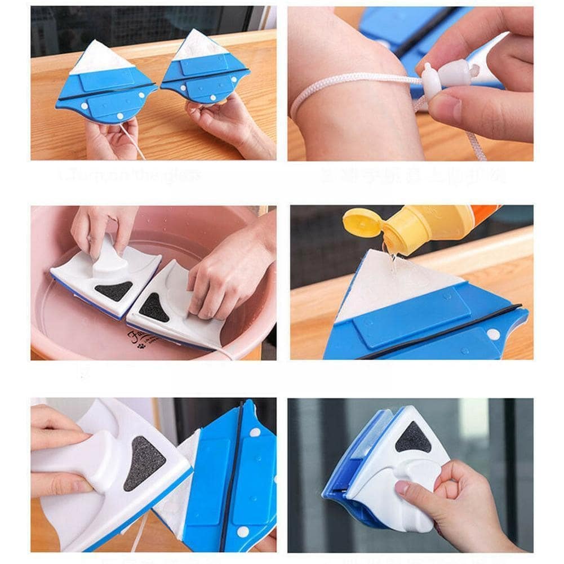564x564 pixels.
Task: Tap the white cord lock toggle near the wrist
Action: click(x=432, y=82)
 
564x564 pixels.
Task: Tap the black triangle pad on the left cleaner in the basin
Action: click(x=113, y=291)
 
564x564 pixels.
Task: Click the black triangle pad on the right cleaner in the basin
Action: click(x=153, y=308)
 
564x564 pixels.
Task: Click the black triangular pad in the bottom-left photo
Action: click(x=143, y=462)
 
